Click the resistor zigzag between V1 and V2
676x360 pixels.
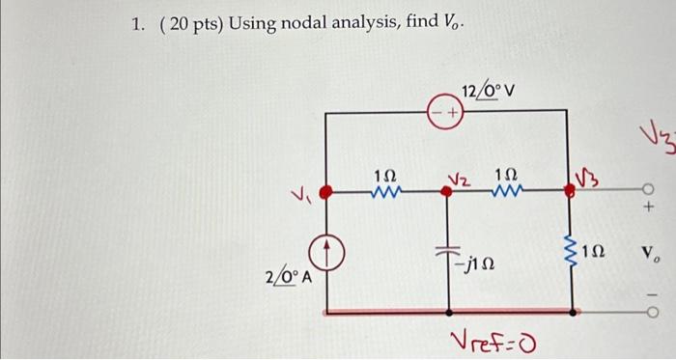pyautogui.click(x=384, y=191)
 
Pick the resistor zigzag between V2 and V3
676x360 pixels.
pyautogui.click(x=507, y=191)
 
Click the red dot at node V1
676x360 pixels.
pyautogui.click(x=327, y=192)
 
